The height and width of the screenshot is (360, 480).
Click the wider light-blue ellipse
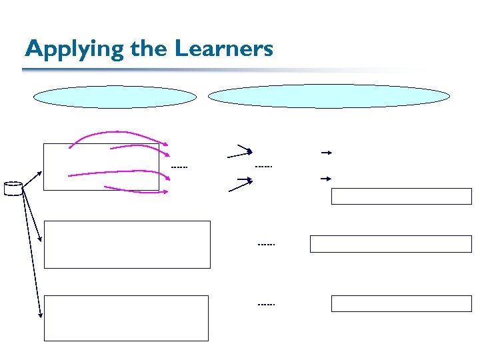329,95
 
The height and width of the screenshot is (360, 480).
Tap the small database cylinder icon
13,189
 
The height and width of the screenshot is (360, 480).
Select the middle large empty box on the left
127,244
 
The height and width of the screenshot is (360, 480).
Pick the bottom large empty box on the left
126,318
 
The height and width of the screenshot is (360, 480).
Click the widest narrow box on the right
390,244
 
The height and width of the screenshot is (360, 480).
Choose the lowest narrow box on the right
401,303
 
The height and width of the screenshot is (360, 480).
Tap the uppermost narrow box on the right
401,196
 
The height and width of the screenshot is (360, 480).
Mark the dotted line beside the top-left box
179,167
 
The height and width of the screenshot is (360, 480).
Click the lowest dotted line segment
266,304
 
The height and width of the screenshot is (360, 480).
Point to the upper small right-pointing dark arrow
326,153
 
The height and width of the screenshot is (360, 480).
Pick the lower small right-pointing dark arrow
326,179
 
